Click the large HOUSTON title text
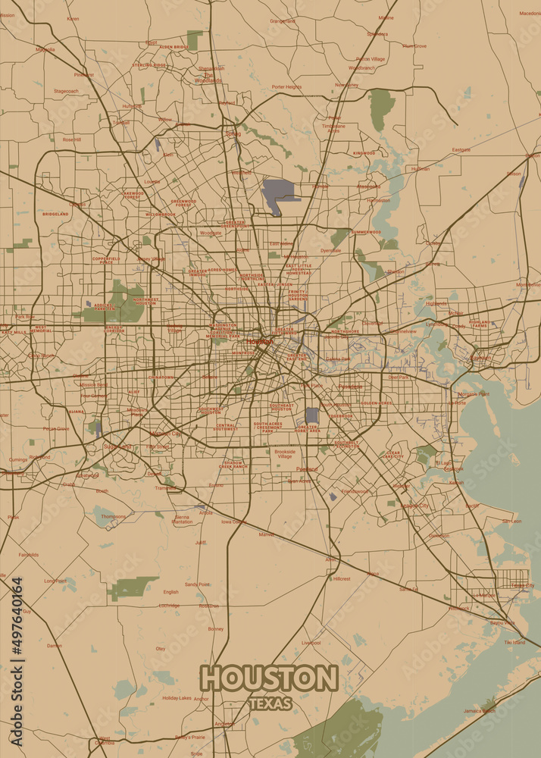click(x=269, y=678)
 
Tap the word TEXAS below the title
click(x=270, y=704)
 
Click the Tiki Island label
click(x=514, y=642)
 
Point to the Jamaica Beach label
click(x=479, y=710)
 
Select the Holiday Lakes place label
click(x=177, y=697)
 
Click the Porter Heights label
click(x=286, y=86)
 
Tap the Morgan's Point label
click(x=474, y=394)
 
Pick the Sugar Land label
click(x=117, y=446)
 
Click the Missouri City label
click(x=165, y=434)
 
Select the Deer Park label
click(x=398, y=377)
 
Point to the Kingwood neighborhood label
click(x=364, y=153)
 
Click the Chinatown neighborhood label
click(x=161, y=377)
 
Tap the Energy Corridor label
click(x=114, y=329)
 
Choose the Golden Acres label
click(x=376, y=403)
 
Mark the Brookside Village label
click(x=285, y=454)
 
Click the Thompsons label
click(x=114, y=516)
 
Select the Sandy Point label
click(x=197, y=584)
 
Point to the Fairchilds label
click(x=29, y=554)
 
